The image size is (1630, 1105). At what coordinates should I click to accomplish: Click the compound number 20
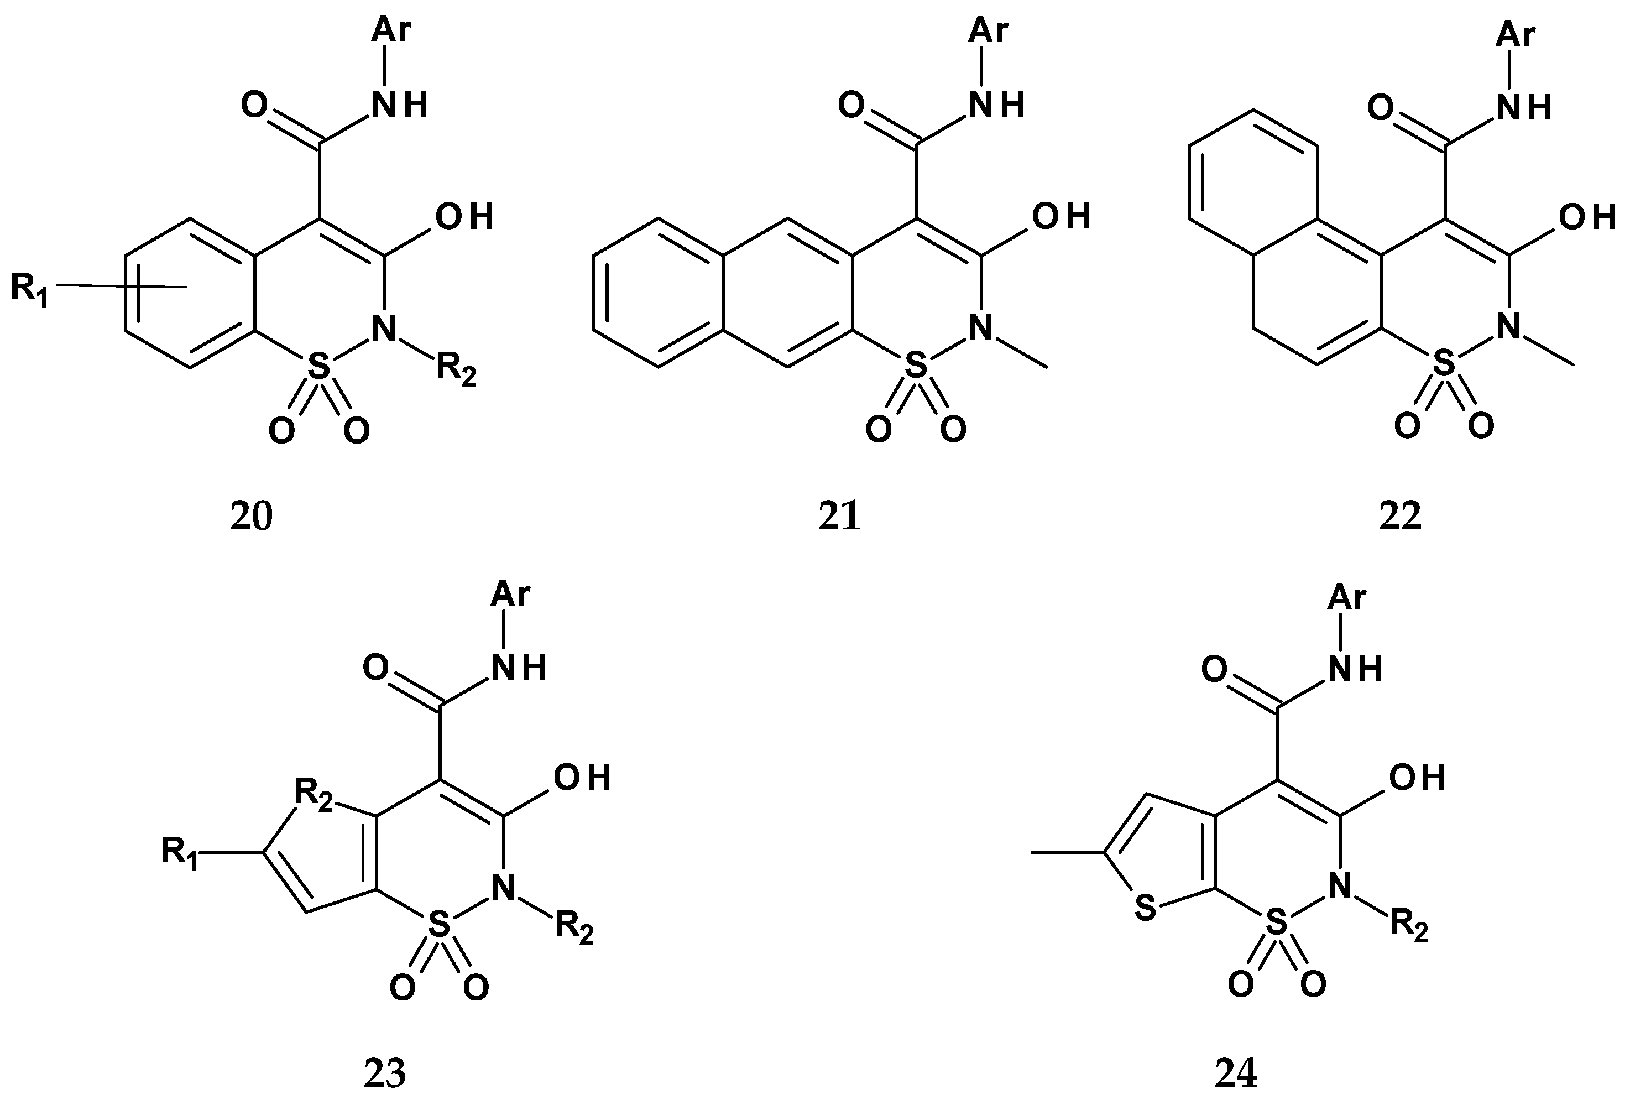(251, 517)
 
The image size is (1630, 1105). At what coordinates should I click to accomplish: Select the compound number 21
(839, 517)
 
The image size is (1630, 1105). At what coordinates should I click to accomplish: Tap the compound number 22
(1400, 517)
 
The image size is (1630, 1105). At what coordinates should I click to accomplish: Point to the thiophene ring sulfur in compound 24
(1145, 909)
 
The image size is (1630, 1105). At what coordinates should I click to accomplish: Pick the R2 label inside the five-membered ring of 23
(313, 794)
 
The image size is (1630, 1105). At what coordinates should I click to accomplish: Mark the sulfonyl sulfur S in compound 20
(318, 366)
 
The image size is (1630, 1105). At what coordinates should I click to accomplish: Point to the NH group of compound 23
(518, 668)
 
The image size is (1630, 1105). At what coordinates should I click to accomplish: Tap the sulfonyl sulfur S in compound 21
(915, 366)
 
